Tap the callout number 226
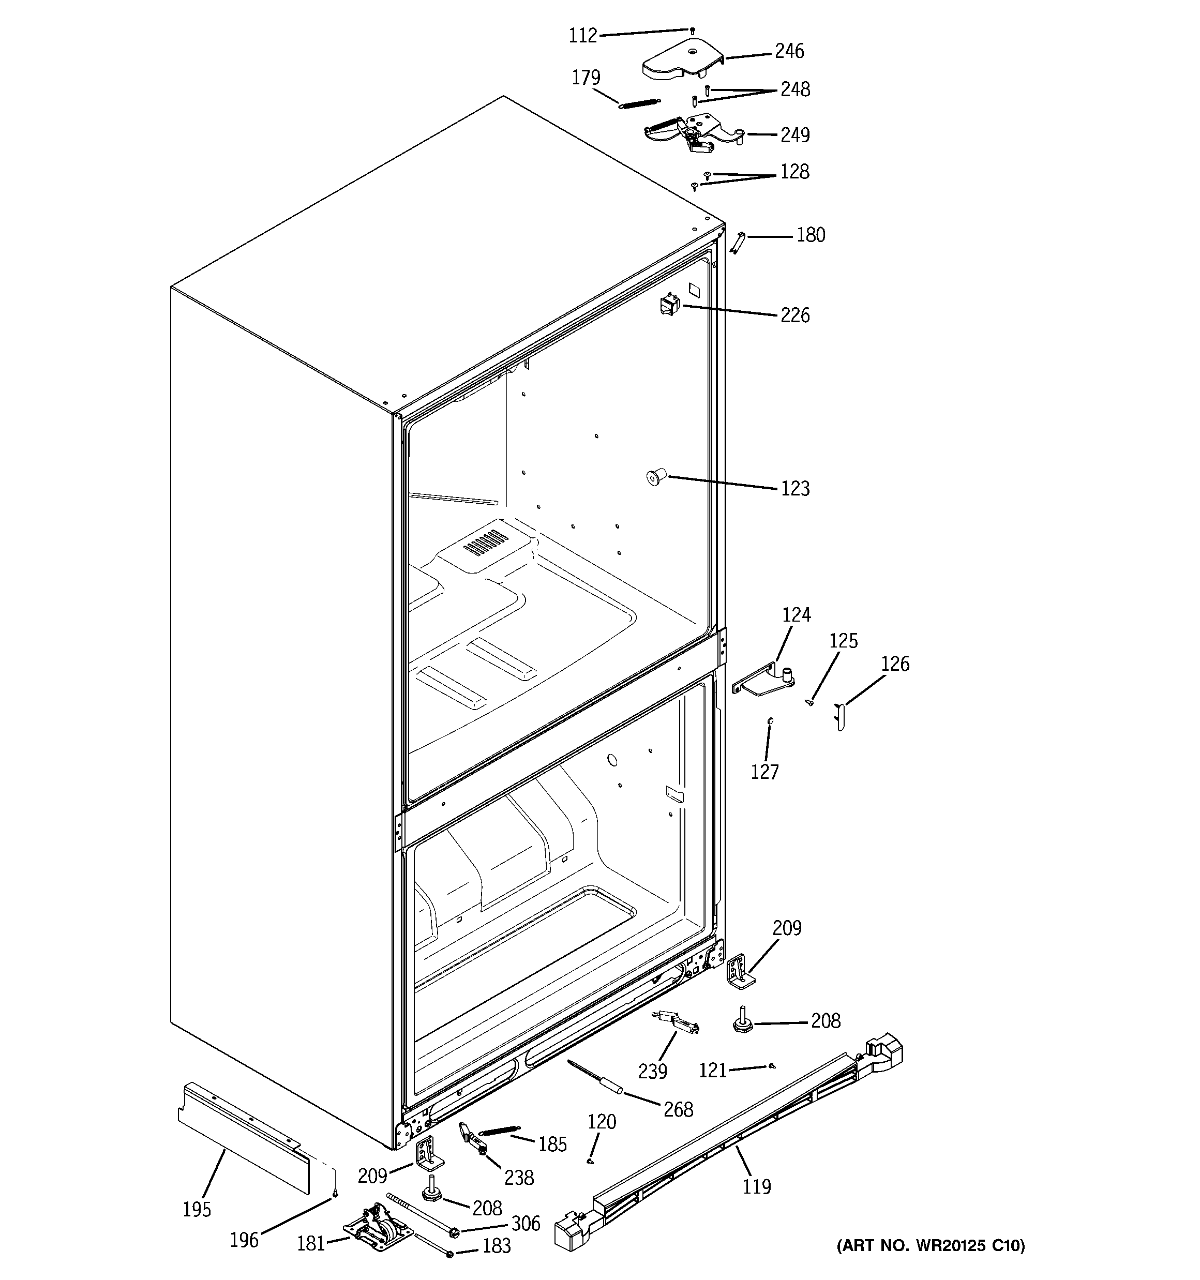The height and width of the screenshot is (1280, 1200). click(x=795, y=315)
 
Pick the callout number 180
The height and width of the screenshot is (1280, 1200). click(x=811, y=235)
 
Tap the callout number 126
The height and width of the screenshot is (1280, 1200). click(x=895, y=664)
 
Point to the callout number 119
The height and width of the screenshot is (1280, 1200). click(x=756, y=1186)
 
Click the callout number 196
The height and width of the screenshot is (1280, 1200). click(x=244, y=1240)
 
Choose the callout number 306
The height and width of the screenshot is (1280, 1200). click(x=526, y=1223)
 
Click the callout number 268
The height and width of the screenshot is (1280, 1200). click(x=678, y=1109)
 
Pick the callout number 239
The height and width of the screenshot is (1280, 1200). click(x=652, y=1072)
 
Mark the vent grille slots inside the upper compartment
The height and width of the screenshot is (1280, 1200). click(x=486, y=543)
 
